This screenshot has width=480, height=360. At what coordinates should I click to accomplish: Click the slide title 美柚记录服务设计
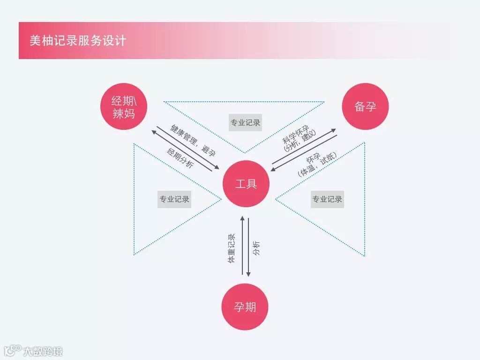(x=78, y=41)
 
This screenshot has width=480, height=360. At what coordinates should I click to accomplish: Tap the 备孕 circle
(x=365, y=106)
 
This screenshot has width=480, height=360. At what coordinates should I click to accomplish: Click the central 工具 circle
(x=246, y=184)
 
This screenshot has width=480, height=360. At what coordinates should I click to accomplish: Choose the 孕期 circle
(x=245, y=307)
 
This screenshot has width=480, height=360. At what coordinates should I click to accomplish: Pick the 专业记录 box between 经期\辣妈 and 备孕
(x=245, y=123)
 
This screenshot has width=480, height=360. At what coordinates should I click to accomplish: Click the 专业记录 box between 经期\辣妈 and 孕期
(x=174, y=199)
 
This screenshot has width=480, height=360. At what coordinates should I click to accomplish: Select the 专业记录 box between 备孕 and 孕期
(x=327, y=199)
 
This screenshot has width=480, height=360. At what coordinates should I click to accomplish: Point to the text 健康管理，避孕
(x=193, y=140)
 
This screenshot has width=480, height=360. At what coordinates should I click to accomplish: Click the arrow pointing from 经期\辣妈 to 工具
(x=187, y=148)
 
